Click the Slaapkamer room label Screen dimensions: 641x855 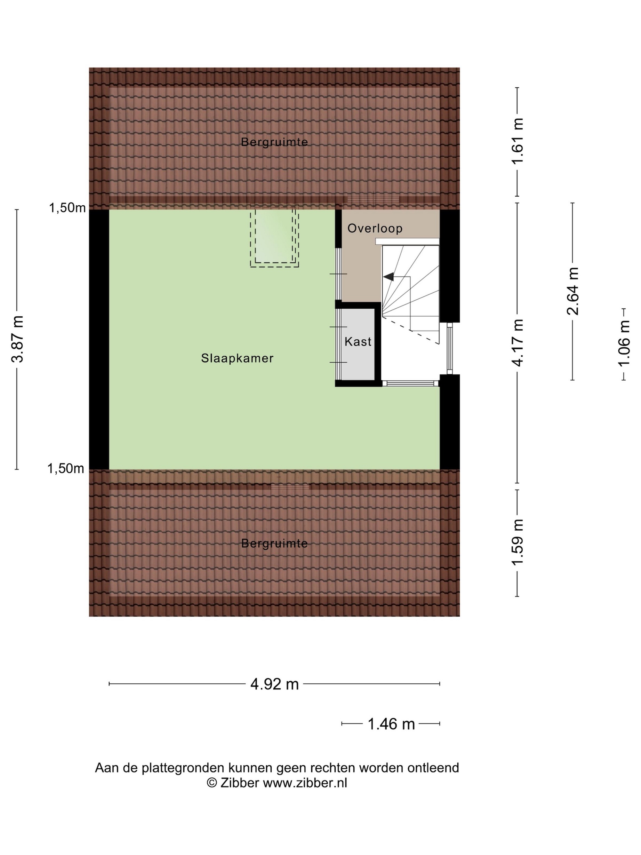[x=237, y=358]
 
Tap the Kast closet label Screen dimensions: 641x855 [x=358, y=342]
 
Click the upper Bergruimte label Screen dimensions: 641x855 [x=274, y=142]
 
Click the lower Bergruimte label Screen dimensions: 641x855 [x=274, y=544]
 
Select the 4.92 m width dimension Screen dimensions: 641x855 [x=275, y=684]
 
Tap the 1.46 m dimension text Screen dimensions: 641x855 [x=391, y=724]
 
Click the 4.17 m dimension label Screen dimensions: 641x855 [x=518, y=343]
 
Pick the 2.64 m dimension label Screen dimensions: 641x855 [x=572, y=291]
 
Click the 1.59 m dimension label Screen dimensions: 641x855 [x=518, y=542]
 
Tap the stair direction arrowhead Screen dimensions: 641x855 [x=388, y=276]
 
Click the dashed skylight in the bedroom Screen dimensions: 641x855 [x=274, y=238]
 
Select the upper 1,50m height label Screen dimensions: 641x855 [x=67, y=208]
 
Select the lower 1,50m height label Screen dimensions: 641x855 [x=66, y=468]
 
